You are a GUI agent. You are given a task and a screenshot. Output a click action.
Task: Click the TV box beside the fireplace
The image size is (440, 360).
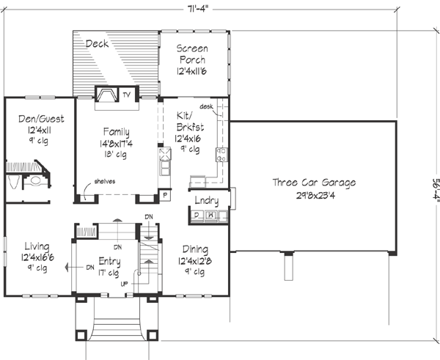click(126, 95)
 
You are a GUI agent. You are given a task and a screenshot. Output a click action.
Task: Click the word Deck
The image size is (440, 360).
click(97, 44)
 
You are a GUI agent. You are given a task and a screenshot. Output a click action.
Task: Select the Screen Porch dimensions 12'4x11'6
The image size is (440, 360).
click(194, 73)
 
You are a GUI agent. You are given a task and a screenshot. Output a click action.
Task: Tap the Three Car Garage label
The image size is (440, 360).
click(314, 183)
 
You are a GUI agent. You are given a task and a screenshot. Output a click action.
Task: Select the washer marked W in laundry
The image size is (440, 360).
click(210, 216)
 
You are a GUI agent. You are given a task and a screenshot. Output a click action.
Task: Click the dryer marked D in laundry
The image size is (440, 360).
click(196, 216)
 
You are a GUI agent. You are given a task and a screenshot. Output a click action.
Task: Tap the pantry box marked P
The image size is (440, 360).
click(165, 195)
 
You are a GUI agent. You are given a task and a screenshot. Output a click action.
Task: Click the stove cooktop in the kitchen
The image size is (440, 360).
click(219, 154)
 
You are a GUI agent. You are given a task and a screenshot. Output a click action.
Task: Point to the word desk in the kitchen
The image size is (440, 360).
click(206, 107)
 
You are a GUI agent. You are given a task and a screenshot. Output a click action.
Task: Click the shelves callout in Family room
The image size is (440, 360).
click(104, 182)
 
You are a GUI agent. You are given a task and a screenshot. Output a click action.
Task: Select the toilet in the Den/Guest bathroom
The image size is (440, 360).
click(34, 181)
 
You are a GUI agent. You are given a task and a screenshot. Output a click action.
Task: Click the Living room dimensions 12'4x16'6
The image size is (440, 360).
click(35, 258)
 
